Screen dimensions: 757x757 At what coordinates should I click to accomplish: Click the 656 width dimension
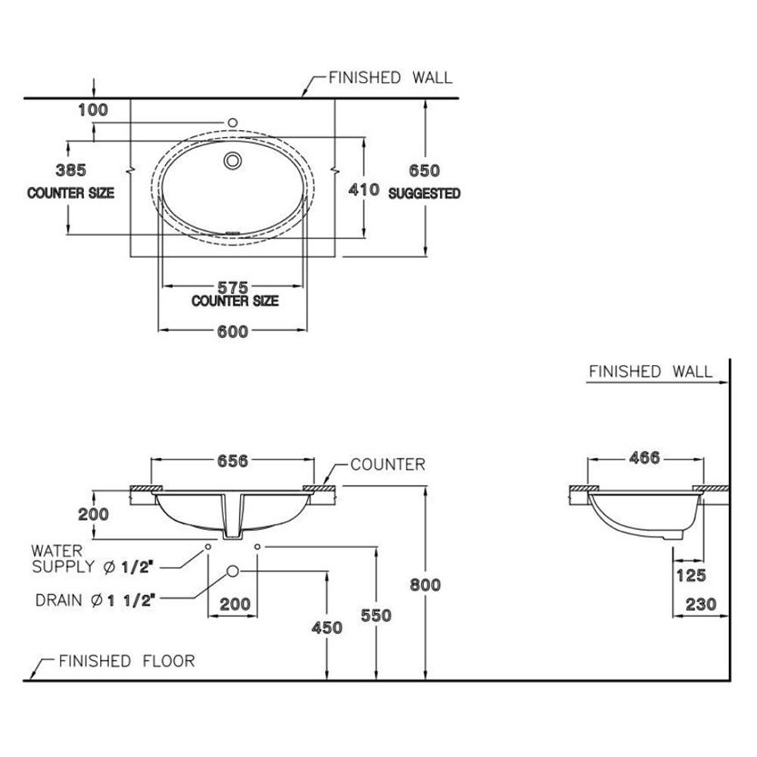232,461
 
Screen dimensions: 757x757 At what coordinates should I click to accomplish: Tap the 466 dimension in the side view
645,457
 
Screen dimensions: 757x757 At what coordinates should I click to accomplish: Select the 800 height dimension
425,584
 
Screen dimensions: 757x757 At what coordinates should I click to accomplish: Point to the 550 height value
376,615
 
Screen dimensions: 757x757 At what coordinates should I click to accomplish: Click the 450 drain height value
326,627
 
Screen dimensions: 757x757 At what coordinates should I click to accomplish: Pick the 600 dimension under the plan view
232,332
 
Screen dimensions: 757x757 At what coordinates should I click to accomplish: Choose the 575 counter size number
233,288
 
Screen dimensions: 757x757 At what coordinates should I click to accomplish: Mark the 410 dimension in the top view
364,189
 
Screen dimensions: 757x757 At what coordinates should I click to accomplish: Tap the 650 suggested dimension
425,170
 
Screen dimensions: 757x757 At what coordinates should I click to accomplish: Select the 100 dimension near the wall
93,110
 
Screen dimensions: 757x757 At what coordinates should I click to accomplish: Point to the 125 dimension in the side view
690,575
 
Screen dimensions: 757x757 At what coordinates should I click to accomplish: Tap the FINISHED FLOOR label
126,661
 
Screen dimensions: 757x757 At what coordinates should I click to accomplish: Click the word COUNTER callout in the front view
388,464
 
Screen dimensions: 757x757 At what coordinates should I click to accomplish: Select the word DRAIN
58,601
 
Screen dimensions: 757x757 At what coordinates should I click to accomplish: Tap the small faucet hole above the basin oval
233,123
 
